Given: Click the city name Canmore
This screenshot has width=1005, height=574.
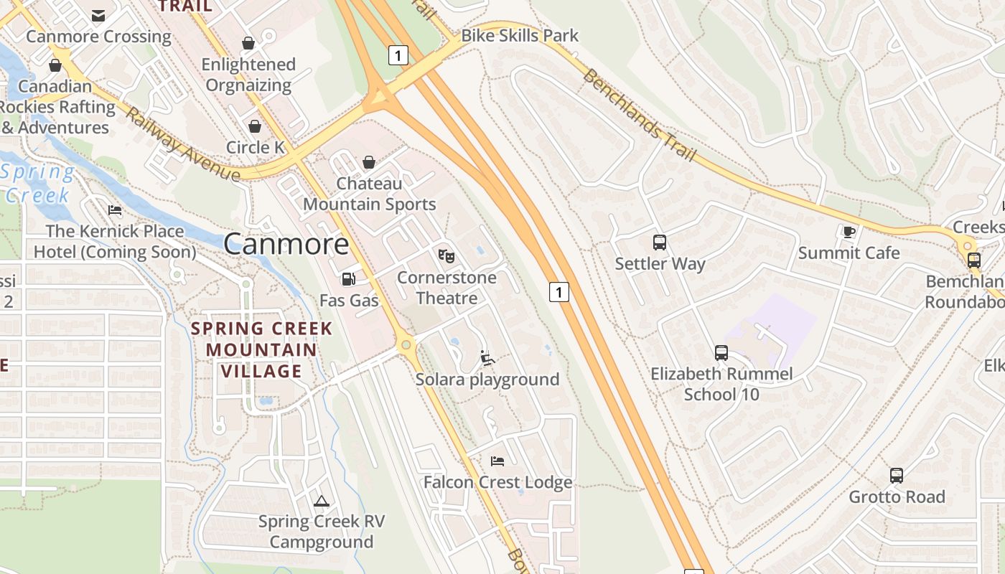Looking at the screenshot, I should [x=286, y=244].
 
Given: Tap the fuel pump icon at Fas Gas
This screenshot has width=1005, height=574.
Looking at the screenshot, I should [x=348, y=278].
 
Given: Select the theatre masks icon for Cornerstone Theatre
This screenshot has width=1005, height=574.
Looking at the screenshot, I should [x=446, y=255].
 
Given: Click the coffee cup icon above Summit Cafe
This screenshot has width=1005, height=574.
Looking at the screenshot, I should [x=849, y=231].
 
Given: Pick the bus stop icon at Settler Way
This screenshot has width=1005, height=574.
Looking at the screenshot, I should [x=659, y=242].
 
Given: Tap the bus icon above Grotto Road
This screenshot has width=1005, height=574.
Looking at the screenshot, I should [x=896, y=475].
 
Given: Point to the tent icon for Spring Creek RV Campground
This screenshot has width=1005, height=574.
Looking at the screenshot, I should [x=321, y=500].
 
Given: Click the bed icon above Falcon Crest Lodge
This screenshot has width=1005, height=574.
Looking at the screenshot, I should [x=497, y=461].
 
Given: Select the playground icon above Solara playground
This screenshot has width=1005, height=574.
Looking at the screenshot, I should [x=487, y=357].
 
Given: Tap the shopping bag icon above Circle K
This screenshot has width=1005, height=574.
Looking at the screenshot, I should [x=255, y=126].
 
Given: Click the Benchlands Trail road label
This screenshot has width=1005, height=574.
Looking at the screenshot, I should [x=640, y=116].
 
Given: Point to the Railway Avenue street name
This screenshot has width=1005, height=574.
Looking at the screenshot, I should [x=182, y=145].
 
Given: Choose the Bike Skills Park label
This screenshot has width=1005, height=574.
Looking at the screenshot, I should [x=519, y=35].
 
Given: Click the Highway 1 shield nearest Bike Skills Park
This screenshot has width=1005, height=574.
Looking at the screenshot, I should [x=398, y=55].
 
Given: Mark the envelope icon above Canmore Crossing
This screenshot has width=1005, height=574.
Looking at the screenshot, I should [x=98, y=15].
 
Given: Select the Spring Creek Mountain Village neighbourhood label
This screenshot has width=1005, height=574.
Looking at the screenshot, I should [x=261, y=350].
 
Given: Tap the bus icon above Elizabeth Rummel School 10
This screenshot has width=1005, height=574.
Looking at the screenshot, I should [x=721, y=352].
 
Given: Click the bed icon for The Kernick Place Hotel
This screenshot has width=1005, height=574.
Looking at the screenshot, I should [x=114, y=210].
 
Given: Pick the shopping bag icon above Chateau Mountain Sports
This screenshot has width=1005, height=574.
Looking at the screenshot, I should [x=368, y=162].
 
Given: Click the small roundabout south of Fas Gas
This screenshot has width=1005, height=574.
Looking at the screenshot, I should [x=406, y=345].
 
